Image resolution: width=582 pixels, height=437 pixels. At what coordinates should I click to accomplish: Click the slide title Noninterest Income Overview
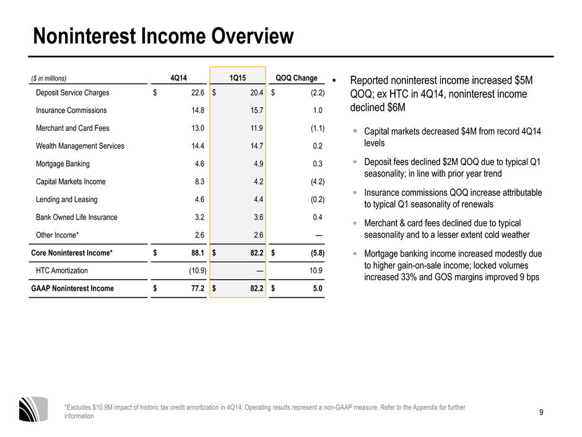coord(163,36)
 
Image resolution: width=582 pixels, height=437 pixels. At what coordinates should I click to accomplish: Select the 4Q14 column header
coord(178,78)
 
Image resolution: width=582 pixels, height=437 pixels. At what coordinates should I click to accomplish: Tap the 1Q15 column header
coord(238,78)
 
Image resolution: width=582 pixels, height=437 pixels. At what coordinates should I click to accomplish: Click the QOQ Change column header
coord(297,78)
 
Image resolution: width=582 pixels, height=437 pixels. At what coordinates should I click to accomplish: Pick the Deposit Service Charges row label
coord(72,92)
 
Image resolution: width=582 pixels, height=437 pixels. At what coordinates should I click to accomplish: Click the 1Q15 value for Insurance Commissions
coord(256,110)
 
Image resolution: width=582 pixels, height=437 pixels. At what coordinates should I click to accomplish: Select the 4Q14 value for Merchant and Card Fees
coord(198,128)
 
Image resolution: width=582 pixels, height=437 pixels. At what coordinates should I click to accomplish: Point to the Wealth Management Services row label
coord(80,146)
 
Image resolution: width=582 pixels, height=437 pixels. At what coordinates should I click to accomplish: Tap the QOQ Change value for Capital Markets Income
coord(318,182)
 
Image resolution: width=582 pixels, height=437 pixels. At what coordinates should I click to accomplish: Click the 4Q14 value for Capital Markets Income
coord(200,182)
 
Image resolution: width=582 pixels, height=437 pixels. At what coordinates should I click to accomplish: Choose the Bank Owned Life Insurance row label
coord(76,218)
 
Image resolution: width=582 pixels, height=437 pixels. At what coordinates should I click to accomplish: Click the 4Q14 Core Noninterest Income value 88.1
coord(198,253)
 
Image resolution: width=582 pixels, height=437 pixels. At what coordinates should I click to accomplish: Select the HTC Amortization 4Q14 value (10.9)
coord(198,270)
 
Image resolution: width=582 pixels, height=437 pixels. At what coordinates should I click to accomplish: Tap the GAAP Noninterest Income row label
coord(72,288)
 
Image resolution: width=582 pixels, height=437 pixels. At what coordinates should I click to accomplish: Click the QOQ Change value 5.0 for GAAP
coord(318,288)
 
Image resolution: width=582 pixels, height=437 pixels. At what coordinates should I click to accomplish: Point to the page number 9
coord(541,412)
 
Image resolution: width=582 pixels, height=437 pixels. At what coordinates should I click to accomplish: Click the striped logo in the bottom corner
coord(33,409)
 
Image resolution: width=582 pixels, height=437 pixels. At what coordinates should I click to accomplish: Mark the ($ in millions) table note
coord(49,78)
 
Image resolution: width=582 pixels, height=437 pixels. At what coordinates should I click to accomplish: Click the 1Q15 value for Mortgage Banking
coord(258,164)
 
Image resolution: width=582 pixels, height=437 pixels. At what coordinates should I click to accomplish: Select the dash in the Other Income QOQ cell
coord(319,235)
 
